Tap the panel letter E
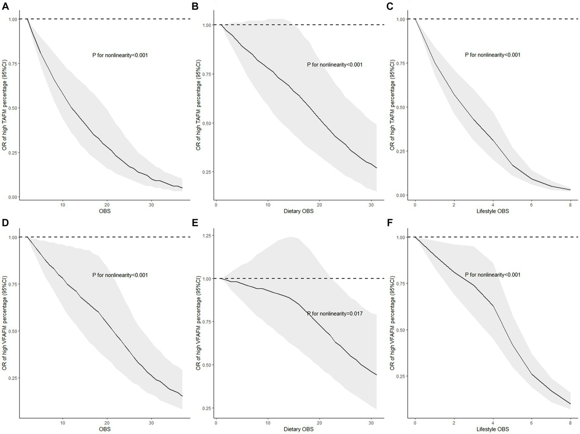point(195,223)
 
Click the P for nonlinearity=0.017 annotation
point(335,313)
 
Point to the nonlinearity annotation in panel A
point(120,55)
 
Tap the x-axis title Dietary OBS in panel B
point(299,211)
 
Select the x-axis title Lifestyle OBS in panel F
point(492,429)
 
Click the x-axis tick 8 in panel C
point(570,205)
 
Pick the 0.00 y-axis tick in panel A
point(12,197)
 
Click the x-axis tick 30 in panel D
point(151,423)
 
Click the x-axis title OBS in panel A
point(105,211)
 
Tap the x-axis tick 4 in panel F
point(493,423)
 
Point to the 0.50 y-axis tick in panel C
point(400,107)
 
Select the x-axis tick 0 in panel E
point(216,423)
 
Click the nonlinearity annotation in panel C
point(492,55)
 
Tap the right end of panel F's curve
point(570,404)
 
